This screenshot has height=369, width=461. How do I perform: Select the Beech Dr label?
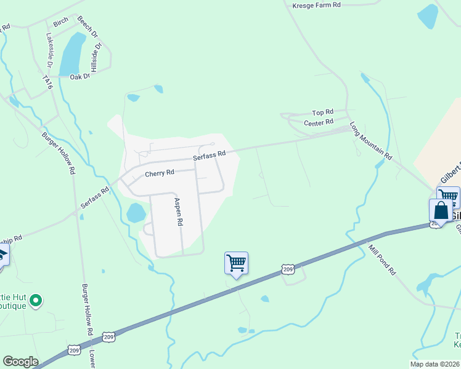pyautogui.click(x=87, y=28)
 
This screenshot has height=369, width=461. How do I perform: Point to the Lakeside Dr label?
pyautogui.click(x=49, y=49)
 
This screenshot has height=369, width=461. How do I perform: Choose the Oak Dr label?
pyautogui.click(x=80, y=77)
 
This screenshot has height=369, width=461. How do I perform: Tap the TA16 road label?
pyautogui.click(x=46, y=83)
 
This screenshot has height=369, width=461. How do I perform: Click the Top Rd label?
pyautogui.click(x=322, y=113)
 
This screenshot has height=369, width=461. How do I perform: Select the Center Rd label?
pyautogui.click(x=319, y=123)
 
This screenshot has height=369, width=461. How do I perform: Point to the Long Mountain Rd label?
pyautogui.click(x=371, y=141)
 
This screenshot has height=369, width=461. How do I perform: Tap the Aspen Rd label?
pyautogui.click(x=179, y=213)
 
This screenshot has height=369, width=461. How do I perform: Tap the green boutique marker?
pyautogui.click(x=36, y=301)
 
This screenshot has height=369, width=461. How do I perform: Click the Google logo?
pyautogui.click(x=20, y=362)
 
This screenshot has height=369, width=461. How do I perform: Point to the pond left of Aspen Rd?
pyautogui.click(x=136, y=213)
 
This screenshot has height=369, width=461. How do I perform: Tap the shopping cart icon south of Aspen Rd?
pyautogui.click(x=236, y=263)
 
